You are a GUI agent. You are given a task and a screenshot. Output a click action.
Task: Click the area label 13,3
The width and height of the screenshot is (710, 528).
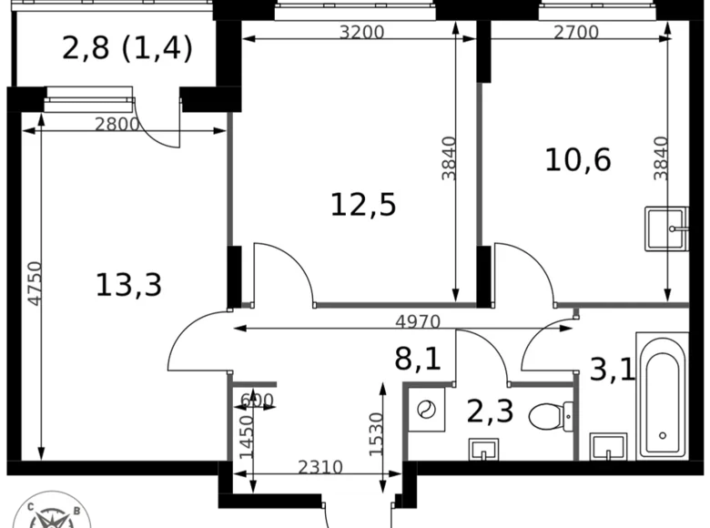click(128, 285)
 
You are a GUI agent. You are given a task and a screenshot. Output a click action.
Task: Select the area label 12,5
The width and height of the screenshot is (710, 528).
click(362, 206)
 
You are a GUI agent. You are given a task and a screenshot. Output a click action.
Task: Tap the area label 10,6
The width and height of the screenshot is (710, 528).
click(578, 159)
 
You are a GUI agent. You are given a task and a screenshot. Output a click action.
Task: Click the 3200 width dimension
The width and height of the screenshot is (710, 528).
click(361, 33)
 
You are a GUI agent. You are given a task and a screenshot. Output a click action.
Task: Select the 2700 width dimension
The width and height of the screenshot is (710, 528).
click(575, 33)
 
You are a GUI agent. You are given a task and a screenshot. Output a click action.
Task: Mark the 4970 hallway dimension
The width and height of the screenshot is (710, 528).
click(418, 321)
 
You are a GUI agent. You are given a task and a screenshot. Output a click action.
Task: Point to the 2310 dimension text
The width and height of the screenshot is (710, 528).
click(319, 468)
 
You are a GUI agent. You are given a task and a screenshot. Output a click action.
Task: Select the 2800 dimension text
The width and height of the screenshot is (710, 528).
click(117, 125)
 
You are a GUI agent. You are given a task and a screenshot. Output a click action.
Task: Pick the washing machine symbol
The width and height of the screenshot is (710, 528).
click(424, 411)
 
